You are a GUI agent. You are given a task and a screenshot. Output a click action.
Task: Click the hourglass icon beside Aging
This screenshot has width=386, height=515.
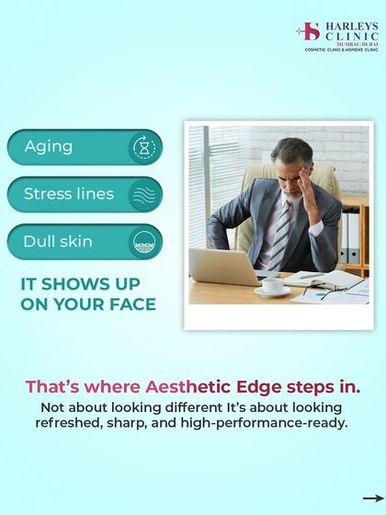click(x=144, y=147)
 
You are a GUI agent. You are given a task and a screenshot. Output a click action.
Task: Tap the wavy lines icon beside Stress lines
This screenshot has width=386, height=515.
click(x=144, y=194)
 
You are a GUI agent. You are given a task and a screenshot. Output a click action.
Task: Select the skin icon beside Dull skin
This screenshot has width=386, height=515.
click(x=144, y=242)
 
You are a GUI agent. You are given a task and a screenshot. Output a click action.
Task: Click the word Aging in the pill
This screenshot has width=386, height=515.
click(x=49, y=147)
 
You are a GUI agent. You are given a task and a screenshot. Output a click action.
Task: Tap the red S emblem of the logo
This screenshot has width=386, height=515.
click(x=310, y=32)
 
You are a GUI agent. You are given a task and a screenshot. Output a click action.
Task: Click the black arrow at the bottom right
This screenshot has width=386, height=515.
click(x=372, y=498)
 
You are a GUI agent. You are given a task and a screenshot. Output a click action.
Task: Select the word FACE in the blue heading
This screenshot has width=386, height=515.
click(x=129, y=304)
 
